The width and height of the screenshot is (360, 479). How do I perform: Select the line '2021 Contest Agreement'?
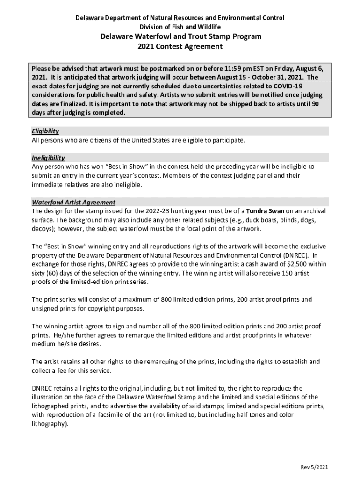[x=180, y=47]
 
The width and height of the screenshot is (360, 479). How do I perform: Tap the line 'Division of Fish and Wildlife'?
[x=180, y=27]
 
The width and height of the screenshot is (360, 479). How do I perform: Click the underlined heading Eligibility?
[x=45, y=131]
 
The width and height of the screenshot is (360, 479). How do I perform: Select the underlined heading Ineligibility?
[x=48, y=158]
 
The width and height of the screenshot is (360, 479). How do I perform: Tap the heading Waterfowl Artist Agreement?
[x=73, y=203]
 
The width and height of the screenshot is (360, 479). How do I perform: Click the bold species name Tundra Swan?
[x=265, y=211]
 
